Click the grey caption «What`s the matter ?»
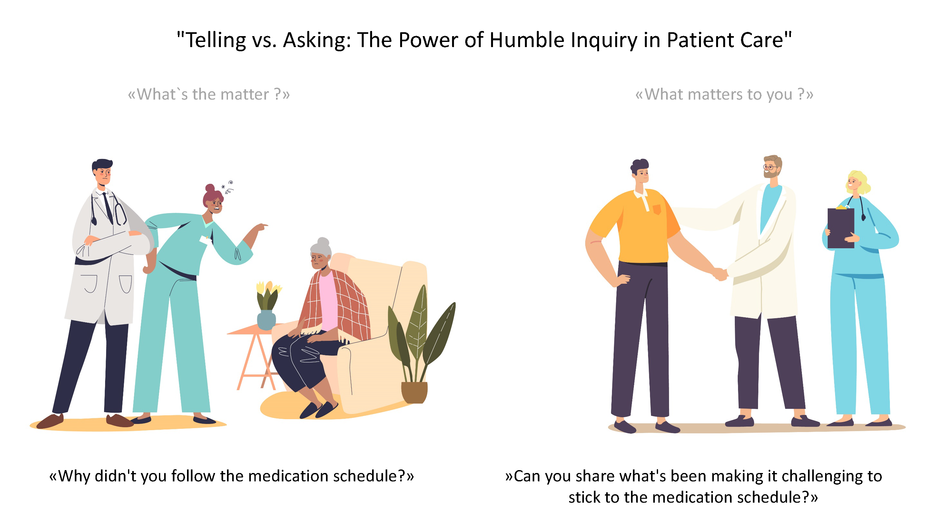[x=209, y=94]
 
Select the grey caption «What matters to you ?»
[x=724, y=94]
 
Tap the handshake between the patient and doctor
[x=720, y=274]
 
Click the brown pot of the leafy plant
[x=414, y=392]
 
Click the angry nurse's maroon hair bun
[x=210, y=189]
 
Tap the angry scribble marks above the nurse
[x=227, y=187]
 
